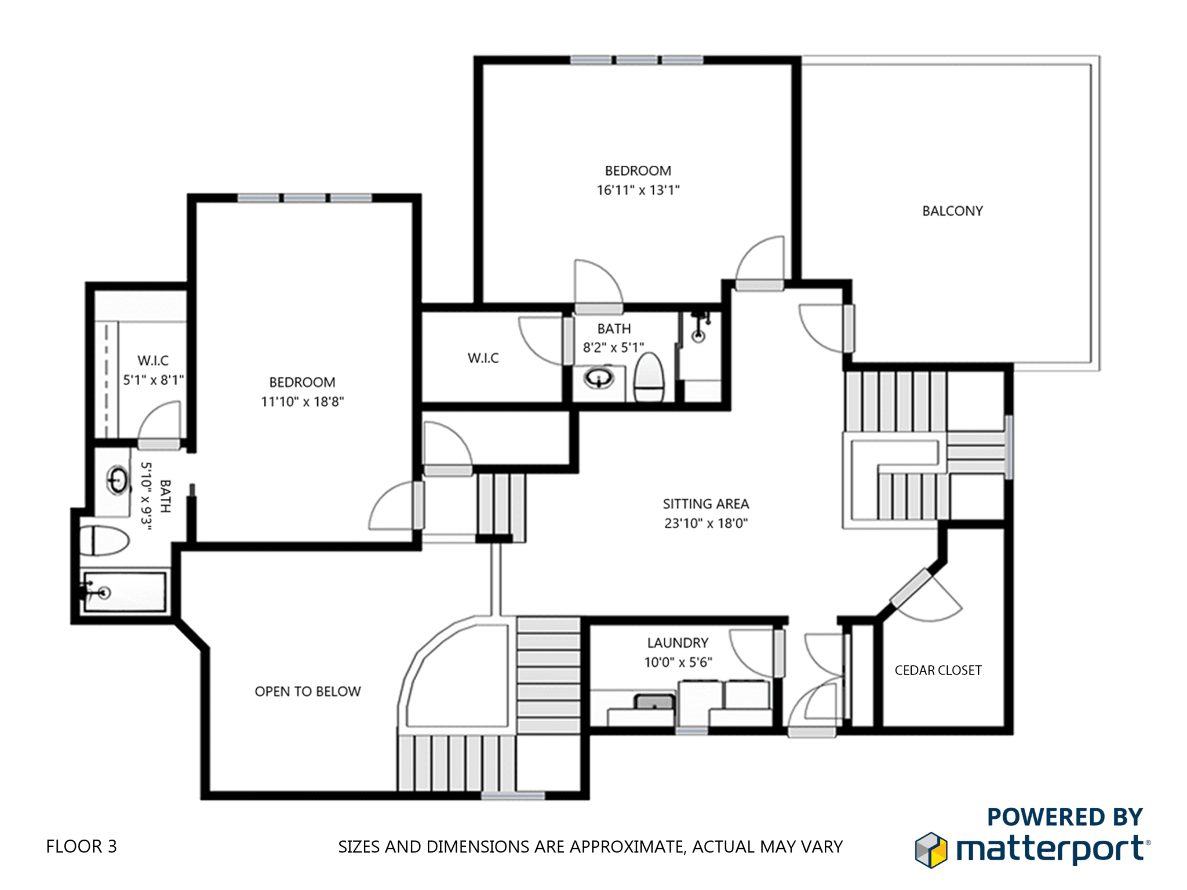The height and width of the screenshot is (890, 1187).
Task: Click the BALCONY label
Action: click(x=952, y=211)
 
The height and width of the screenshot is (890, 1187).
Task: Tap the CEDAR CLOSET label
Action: click(x=938, y=670)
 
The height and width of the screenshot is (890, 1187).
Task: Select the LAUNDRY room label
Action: click(x=678, y=643)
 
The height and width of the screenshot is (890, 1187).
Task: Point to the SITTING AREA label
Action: click(x=706, y=504)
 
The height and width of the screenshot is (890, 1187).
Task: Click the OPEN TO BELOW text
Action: click(x=308, y=691)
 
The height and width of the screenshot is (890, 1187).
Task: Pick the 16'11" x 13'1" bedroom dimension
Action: click(x=638, y=190)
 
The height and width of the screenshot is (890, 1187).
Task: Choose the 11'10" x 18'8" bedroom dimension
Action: click(x=302, y=402)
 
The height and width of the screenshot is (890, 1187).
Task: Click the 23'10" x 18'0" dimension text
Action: click(x=706, y=523)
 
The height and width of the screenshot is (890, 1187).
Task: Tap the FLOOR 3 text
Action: click(x=81, y=847)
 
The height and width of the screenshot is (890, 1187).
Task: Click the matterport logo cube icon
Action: click(x=931, y=850)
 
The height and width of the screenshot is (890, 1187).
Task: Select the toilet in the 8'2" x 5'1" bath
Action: click(x=649, y=378)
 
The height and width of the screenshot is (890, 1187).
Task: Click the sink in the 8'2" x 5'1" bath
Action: click(x=599, y=378)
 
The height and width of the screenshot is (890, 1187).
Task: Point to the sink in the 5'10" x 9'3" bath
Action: click(x=118, y=480)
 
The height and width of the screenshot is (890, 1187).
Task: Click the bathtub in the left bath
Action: click(x=125, y=592)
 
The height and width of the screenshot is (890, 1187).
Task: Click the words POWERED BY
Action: click(x=1065, y=817)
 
